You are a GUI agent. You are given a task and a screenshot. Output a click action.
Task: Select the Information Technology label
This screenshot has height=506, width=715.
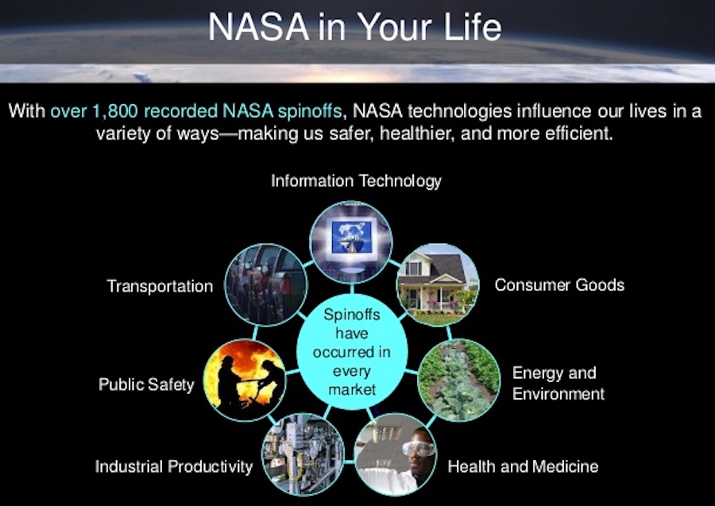(x=356, y=181)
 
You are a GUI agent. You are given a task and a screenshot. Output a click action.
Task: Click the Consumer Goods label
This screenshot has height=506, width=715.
(x=559, y=284)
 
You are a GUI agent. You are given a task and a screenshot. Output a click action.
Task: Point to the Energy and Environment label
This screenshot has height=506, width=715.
(x=558, y=383)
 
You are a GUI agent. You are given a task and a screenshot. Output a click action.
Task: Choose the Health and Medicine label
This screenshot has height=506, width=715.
(x=523, y=465)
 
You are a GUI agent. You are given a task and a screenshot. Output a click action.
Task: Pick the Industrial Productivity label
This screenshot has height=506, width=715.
(x=174, y=465)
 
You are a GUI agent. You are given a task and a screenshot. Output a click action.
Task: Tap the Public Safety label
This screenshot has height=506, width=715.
(x=146, y=384)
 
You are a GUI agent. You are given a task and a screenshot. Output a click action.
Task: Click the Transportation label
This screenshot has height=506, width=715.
(x=160, y=286)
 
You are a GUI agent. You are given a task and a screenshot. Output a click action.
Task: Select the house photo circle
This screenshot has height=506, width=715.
(x=437, y=282)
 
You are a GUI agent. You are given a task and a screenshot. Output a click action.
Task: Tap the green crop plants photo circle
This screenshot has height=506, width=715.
(x=458, y=380)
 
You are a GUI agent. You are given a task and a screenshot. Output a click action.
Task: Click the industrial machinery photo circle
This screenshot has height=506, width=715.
(x=302, y=454)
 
